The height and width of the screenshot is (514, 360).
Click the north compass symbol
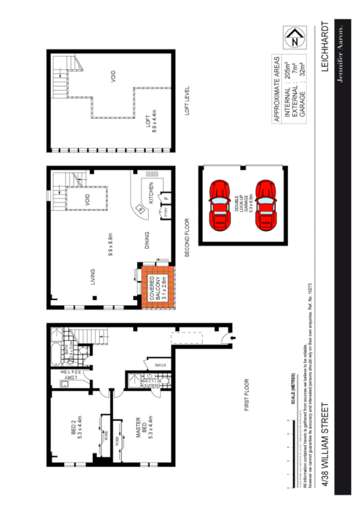(295, 39)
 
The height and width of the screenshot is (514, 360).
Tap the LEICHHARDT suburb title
(325, 48)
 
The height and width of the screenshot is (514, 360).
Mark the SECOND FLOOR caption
(188, 236)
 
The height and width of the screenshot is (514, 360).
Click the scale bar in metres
(292, 453)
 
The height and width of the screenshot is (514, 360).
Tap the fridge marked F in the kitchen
(165, 198)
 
